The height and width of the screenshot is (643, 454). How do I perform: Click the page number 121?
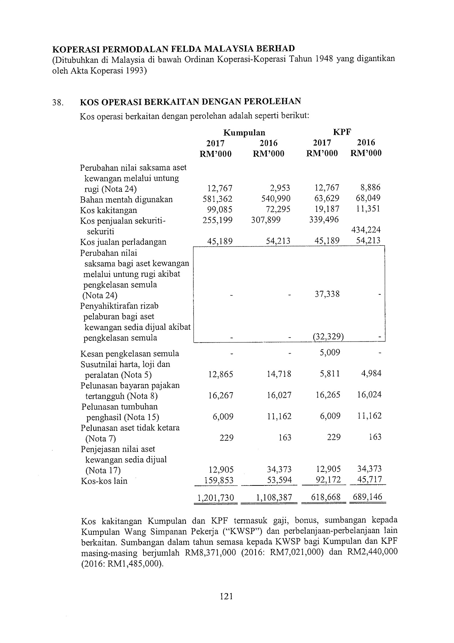pos(227,596)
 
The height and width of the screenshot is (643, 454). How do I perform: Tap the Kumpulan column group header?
pos(244,133)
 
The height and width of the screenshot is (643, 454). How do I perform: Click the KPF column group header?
pos(342,132)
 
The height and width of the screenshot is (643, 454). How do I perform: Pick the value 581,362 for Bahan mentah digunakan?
pos(217,199)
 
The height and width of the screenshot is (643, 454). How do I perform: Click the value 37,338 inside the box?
pos(327,294)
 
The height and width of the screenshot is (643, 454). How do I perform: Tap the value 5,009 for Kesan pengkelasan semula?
pos(330,353)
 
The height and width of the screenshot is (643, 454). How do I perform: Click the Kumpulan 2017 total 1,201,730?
pos(216,498)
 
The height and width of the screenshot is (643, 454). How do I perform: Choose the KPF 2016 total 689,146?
pos(367,497)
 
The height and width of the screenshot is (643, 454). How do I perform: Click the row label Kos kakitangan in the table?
pos(109,210)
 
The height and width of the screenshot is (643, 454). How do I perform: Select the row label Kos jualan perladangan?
pos(123,242)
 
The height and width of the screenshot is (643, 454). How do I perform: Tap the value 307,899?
pos(266,220)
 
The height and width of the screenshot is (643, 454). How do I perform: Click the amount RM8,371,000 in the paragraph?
pos(211,553)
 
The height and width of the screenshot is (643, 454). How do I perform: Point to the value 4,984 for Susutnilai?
pos(369,374)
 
